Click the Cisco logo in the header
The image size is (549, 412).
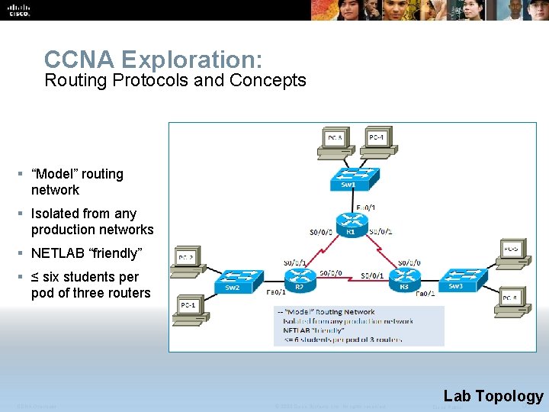click(x=18, y=9)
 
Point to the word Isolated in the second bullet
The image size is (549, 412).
click(x=56, y=214)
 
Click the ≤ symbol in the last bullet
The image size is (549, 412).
click(x=35, y=277)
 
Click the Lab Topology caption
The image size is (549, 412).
click(x=493, y=396)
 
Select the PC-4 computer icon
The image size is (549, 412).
click(x=377, y=140)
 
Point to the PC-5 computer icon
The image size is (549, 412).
click(x=512, y=252)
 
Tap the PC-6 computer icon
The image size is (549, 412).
click(x=512, y=298)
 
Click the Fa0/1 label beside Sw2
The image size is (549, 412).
click(x=277, y=292)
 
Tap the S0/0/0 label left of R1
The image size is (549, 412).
click(x=321, y=232)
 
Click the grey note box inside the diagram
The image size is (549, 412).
click(x=358, y=326)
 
